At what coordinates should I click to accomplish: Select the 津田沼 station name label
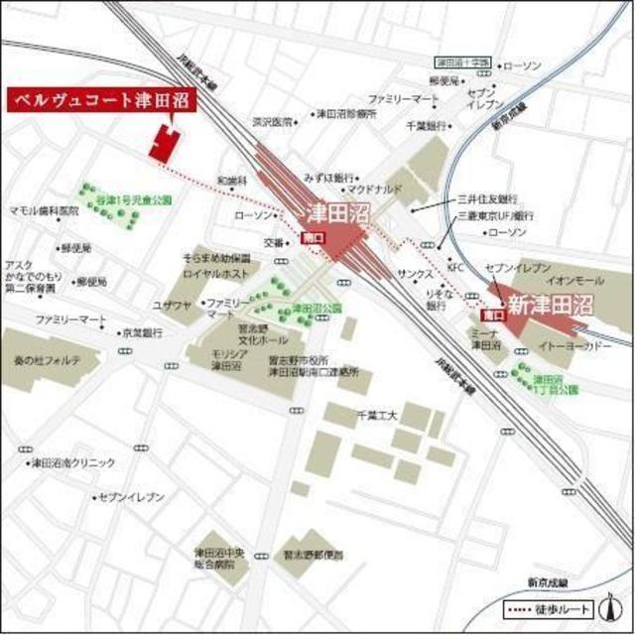click(334, 211)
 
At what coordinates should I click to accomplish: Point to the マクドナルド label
click(374, 188)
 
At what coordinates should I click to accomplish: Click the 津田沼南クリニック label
click(71, 462)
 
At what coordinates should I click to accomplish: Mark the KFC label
click(455, 268)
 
